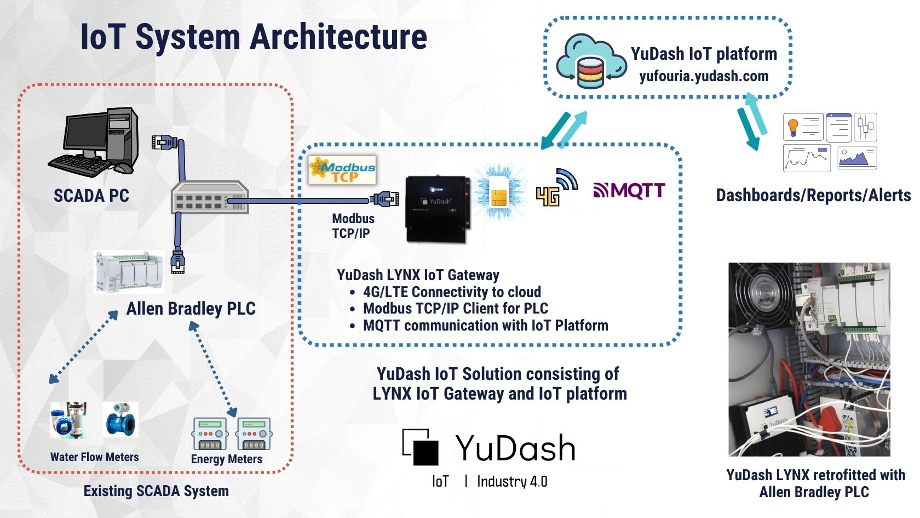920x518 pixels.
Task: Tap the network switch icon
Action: pyautogui.click(x=210, y=197)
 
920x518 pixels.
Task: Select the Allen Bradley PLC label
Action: pyautogui.click(x=191, y=309)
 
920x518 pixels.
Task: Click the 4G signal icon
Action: pyautogui.click(x=556, y=187)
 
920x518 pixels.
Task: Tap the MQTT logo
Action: pyautogui.click(x=629, y=191)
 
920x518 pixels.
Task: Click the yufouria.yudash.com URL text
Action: pyautogui.click(x=704, y=76)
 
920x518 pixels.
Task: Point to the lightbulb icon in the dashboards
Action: pyautogui.click(x=792, y=127)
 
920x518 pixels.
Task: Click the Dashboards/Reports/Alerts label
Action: pyautogui.click(x=813, y=196)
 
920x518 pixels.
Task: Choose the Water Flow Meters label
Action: pyautogui.click(x=94, y=457)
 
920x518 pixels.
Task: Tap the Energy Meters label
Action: pyautogui.click(x=226, y=459)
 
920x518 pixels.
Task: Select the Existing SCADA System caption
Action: pyautogui.click(x=156, y=491)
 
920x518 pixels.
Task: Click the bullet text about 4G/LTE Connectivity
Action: pyautogui.click(x=452, y=292)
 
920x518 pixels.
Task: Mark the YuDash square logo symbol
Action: pyautogui.click(x=421, y=447)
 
